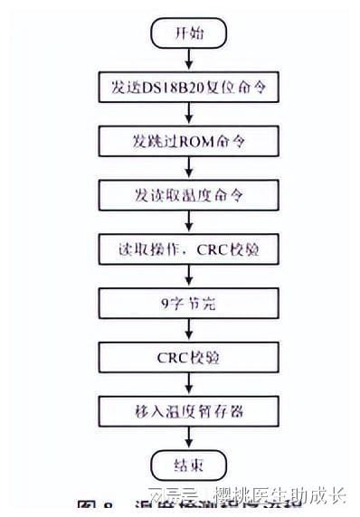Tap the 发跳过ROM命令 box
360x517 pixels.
coord(188,142)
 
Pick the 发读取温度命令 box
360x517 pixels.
coord(188,194)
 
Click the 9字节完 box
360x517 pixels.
coord(188,303)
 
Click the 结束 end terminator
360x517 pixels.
coord(187,467)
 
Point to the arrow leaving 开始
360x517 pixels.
coord(187,59)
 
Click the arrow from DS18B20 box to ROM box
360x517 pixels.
coord(187,114)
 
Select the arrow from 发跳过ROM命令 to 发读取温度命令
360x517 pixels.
coord(187,168)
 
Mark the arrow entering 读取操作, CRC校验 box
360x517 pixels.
coord(187,221)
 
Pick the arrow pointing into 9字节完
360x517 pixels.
coord(187,276)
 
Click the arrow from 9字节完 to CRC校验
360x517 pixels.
coord(187,329)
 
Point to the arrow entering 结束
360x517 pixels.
coord(187,439)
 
